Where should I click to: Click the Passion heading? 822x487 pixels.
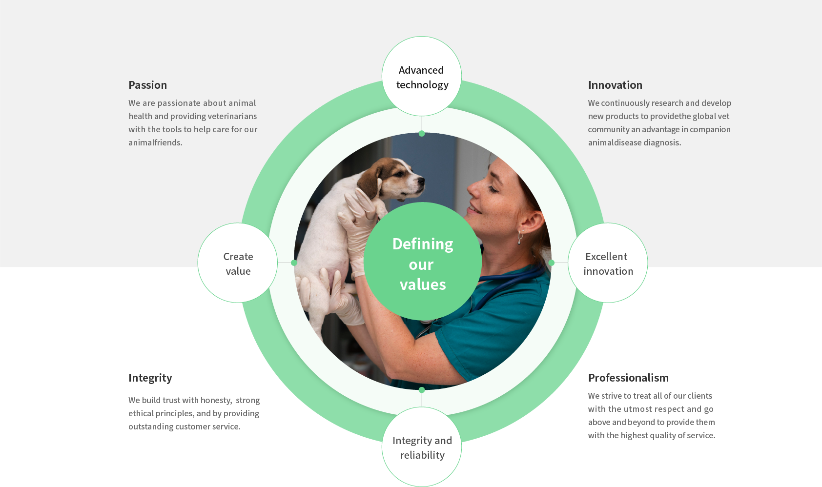[x=147, y=85]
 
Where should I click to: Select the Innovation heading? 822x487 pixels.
[x=615, y=85]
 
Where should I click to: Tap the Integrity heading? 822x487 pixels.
[x=150, y=378]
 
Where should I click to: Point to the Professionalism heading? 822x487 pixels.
[x=628, y=378]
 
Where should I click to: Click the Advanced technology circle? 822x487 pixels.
[x=422, y=76]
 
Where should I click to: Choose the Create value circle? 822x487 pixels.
[x=238, y=263]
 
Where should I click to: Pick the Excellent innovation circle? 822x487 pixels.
[x=608, y=263]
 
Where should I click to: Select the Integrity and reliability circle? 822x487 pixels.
[x=422, y=446]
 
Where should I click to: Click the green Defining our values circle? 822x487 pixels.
[x=423, y=261]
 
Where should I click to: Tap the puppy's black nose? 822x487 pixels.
[x=421, y=181]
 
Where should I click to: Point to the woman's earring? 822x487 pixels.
[x=520, y=237]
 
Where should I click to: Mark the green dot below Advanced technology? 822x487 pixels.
[x=422, y=134]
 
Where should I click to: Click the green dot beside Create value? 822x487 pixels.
[x=294, y=263]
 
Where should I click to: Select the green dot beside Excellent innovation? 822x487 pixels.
[x=551, y=263]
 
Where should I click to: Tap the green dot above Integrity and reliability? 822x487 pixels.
[x=422, y=390]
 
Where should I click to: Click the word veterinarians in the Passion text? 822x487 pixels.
[x=232, y=116]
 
